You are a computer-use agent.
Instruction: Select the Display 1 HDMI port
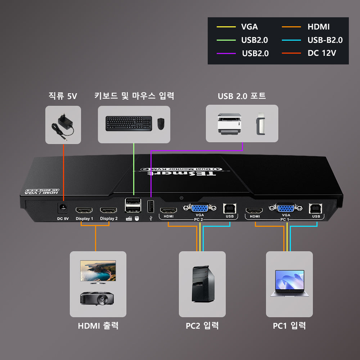click(x=84, y=210)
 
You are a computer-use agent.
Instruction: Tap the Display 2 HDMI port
click(x=108, y=210)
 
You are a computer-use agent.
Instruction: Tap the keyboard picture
click(x=129, y=123)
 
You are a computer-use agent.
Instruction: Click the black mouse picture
click(x=161, y=124)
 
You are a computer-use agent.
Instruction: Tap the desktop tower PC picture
click(x=203, y=284)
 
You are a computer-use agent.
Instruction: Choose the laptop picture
click(x=289, y=283)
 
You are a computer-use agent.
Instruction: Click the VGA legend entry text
click(x=249, y=27)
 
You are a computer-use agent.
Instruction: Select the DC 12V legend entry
click(x=322, y=53)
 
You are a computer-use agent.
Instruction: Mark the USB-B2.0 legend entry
click(x=325, y=40)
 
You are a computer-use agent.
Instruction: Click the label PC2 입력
click(x=202, y=326)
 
